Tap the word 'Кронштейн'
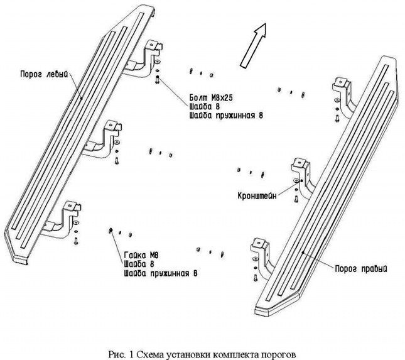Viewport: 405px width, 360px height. pyautogui.click(x=259, y=194)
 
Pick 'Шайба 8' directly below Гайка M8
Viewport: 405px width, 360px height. pyautogui.click(x=138, y=265)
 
